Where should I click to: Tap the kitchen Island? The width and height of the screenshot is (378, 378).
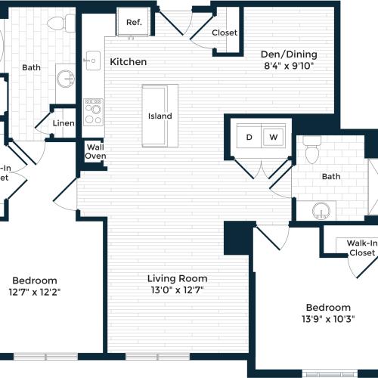pyautogui.click(x=160, y=116)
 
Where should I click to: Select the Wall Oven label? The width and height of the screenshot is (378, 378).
pyautogui.click(x=95, y=151)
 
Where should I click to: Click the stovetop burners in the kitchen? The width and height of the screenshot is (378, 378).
pyautogui.click(x=94, y=113)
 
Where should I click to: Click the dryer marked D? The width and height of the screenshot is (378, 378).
pyautogui.click(x=248, y=138)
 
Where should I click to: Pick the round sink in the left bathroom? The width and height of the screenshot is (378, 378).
pyautogui.click(x=67, y=79)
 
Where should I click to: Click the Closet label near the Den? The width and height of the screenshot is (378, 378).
pyautogui.click(x=225, y=33)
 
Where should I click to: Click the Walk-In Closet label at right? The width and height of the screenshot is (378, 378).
pyautogui.click(x=361, y=248)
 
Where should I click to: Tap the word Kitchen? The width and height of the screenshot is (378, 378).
pyautogui.click(x=129, y=61)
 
